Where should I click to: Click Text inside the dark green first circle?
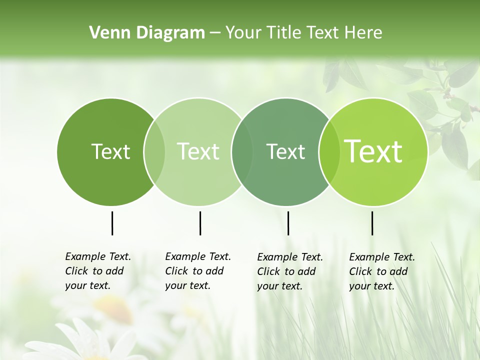[x=110, y=151]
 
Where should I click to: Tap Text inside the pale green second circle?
[x=198, y=151]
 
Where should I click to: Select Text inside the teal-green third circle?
[x=285, y=151]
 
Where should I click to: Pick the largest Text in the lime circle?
[x=373, y=151]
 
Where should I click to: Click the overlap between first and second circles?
[x=154, y=151]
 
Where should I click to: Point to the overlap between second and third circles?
[x=242, y=151]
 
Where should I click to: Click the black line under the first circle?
[x=112, y=223]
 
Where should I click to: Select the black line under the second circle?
[x=200, y=223]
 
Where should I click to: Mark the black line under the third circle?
[x=288, y=223]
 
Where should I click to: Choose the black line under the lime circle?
[x=372, y=223]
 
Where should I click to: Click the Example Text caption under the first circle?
[x=97, y=271]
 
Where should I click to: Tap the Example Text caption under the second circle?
[x=197, y=271]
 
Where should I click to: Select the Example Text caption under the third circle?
[x=289, y=271]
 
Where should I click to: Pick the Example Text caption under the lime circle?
[x=381, y=271]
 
